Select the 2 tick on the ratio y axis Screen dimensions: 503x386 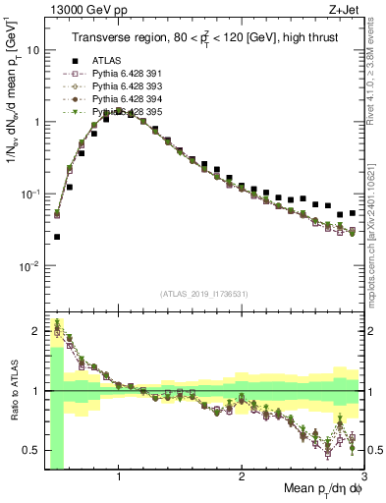click(35, 331)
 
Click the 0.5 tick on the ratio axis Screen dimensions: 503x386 click(31, 450)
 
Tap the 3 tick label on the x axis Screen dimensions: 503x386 click(362, 475)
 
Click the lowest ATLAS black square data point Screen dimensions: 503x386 click(57, 237)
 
